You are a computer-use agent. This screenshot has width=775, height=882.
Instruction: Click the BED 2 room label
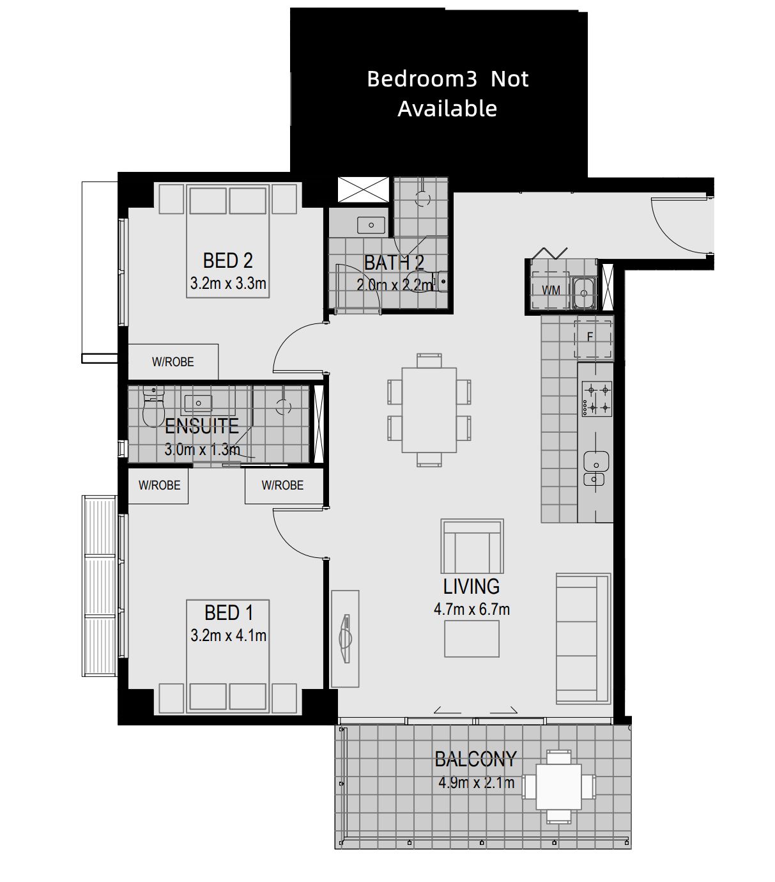[x=227, y=260]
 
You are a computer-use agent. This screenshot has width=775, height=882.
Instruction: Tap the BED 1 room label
[x=229, y=612]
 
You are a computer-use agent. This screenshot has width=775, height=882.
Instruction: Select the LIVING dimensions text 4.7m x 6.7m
[x=472, y=609]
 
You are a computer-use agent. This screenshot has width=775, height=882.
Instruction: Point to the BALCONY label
[x=475, y=759]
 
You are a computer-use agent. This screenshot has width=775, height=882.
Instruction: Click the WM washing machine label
[x=551, y=290]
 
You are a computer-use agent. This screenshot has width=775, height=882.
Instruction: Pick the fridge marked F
[x=593, y=339]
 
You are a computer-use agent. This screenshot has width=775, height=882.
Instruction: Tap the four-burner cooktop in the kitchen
[x=597, y=398]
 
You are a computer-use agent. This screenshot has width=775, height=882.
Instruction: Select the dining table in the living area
[x=429, y=410]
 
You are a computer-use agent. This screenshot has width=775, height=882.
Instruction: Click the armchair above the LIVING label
[x=472, y=546]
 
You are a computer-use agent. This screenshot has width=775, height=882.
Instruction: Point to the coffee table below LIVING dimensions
[x=472, y=638]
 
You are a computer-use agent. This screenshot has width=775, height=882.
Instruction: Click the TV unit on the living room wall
[x=345, y=638]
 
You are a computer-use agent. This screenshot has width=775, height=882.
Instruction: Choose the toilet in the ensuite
[x=153, y=406]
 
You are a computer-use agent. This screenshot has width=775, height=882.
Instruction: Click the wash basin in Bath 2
[x=371, y=225]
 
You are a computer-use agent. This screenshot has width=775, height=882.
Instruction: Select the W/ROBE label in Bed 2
[x=173, y=362]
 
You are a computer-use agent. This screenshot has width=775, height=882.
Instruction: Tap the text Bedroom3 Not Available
[x=448, y=93]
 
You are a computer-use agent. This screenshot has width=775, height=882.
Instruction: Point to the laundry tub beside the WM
[x=584, y=293]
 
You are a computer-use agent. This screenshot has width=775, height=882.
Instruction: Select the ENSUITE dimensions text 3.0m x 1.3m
[x=203, y=449]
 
